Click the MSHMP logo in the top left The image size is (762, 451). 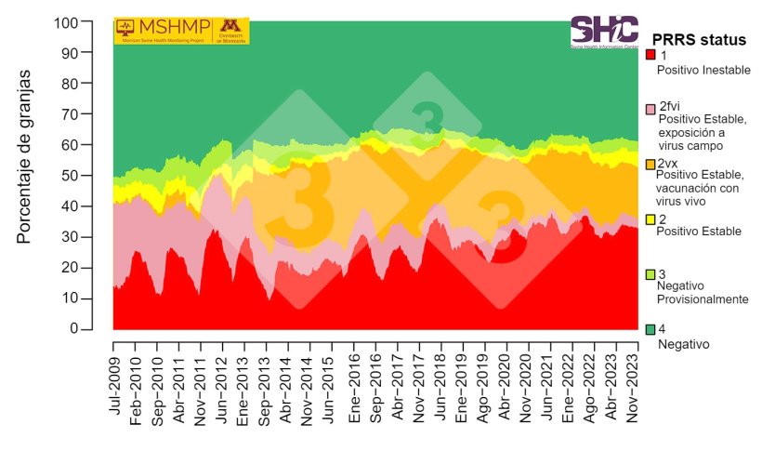pos(181,31)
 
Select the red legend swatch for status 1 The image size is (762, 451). pos(650,56)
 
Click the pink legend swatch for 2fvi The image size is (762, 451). pos(650,110)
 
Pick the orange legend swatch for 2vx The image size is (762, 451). pos(650,165)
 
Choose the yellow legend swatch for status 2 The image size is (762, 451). pos(650,219)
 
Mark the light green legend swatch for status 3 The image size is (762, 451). pos(650,274)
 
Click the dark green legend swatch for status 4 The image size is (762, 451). pos(650,329)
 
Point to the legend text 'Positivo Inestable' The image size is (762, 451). pos(703,70)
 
